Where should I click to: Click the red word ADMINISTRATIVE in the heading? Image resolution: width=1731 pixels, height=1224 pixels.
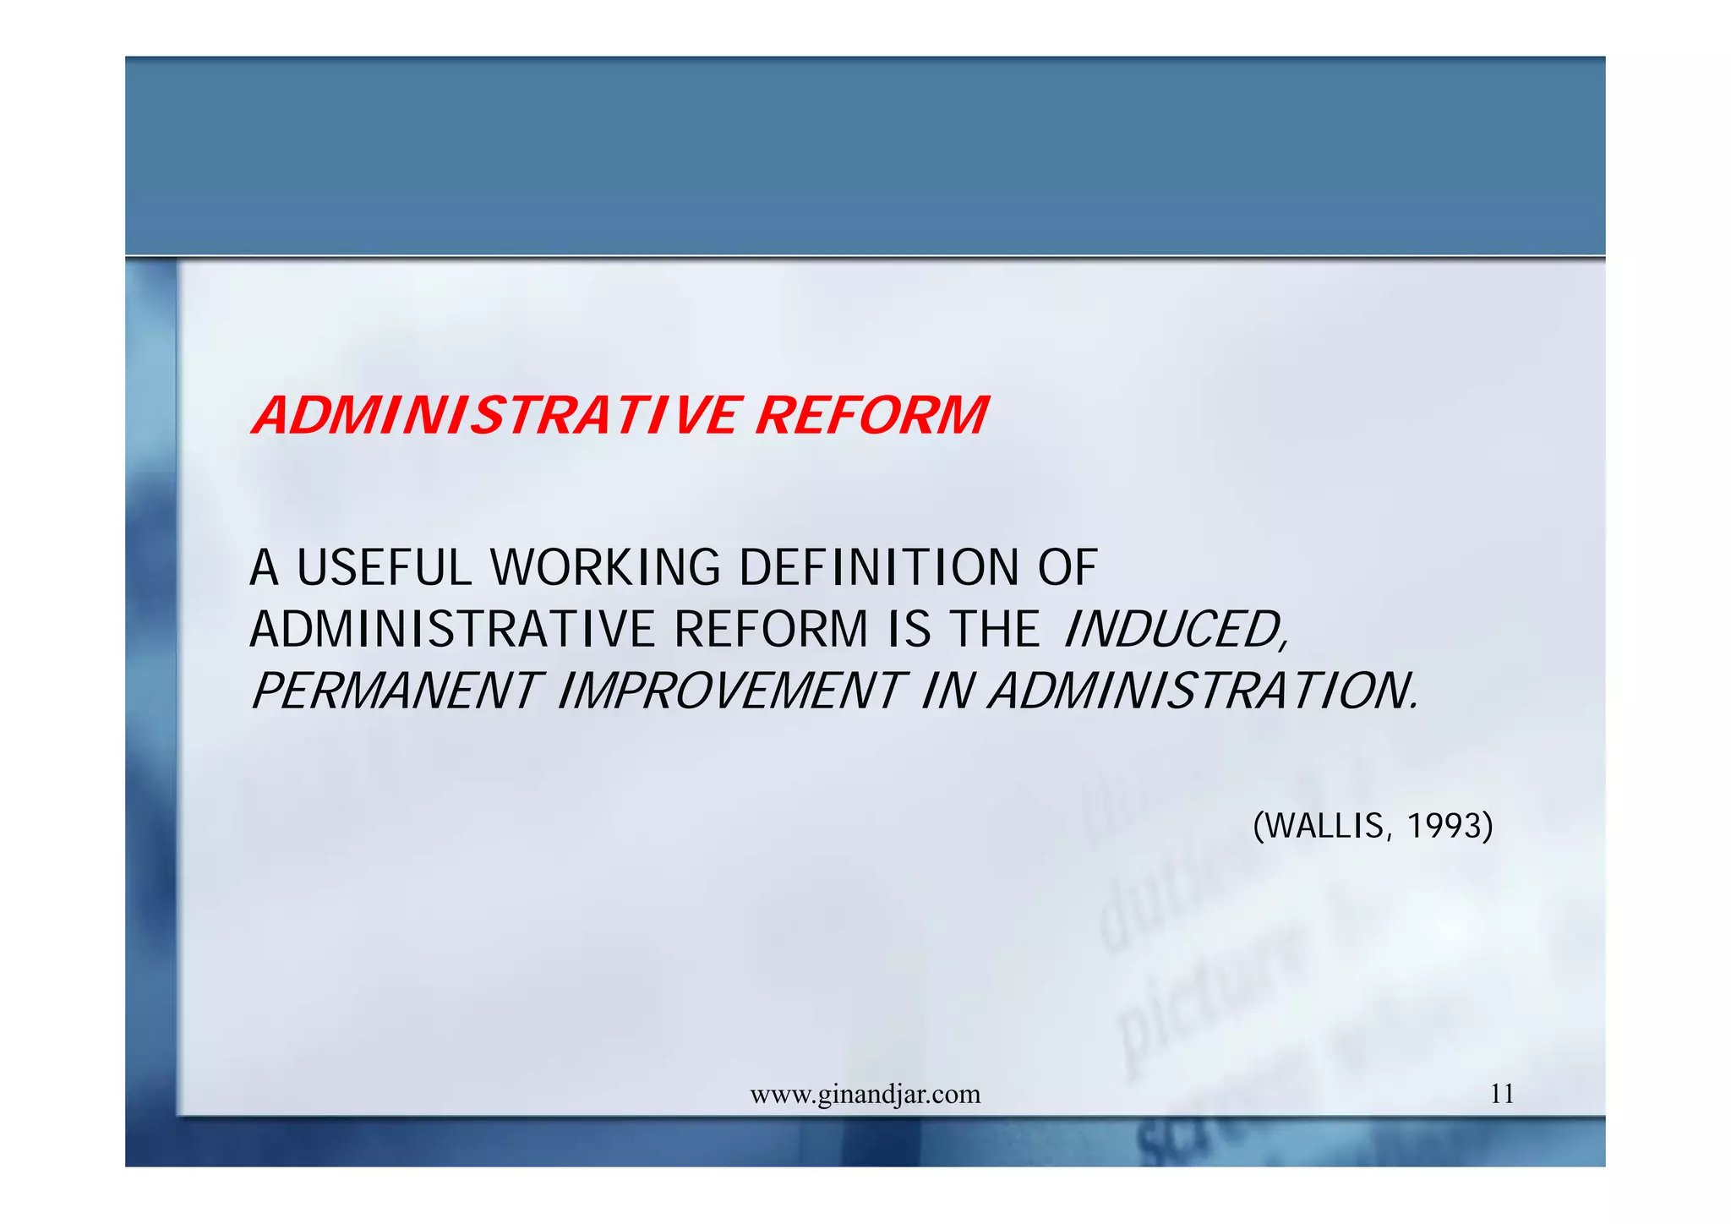tap(495, 416)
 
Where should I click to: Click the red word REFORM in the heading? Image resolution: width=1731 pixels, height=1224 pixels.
tap(871, 416)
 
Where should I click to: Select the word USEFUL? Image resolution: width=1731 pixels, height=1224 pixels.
tap(384, 567)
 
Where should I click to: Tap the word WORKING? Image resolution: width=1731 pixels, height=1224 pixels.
tap(605, 567)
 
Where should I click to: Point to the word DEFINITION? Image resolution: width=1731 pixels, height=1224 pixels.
tap(879, 567)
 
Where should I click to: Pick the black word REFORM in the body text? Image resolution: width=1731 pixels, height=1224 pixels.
tap(771, 630)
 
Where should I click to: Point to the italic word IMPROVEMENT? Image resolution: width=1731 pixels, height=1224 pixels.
tap(732, 691)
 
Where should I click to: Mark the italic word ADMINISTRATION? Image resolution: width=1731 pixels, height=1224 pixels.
tap(1204, 691)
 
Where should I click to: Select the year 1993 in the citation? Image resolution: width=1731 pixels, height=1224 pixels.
tap(1444, 826)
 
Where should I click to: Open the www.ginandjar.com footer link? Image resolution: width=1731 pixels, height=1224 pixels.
tap(865, 1095)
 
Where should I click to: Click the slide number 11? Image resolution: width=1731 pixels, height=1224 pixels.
tap(1502, 1094)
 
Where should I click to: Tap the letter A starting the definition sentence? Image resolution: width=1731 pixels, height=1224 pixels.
tap(265, 567)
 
